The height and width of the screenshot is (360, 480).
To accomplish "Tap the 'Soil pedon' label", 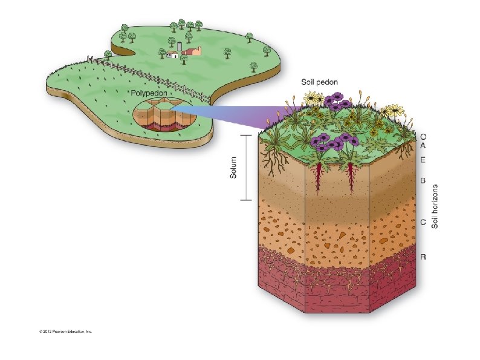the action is pyautogui.click(x=320, y=82).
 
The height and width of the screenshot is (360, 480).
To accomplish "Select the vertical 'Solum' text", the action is pyautogui.click(x=233, y=167).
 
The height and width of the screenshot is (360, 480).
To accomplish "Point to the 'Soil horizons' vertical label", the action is pyautogui.click(x=434, y=206).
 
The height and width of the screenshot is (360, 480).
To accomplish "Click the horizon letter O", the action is pyautogui.click(x=423, y=137).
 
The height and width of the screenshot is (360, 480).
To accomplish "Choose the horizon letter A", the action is pyautogui.click(x=423, y=146).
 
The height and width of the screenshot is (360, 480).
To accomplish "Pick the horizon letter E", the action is pyautogui.click(x=423, y=160).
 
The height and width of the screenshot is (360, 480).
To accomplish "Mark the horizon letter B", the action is pyautogui.click(x=423, y=180).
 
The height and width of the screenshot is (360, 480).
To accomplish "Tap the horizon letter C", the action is pyautogui.click(x=423, y=222).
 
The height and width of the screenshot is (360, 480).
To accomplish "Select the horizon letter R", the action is pyautogui.click(x=423, y=257).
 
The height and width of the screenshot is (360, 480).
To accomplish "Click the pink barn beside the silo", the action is pyautogui.click(x=193, y=52).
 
